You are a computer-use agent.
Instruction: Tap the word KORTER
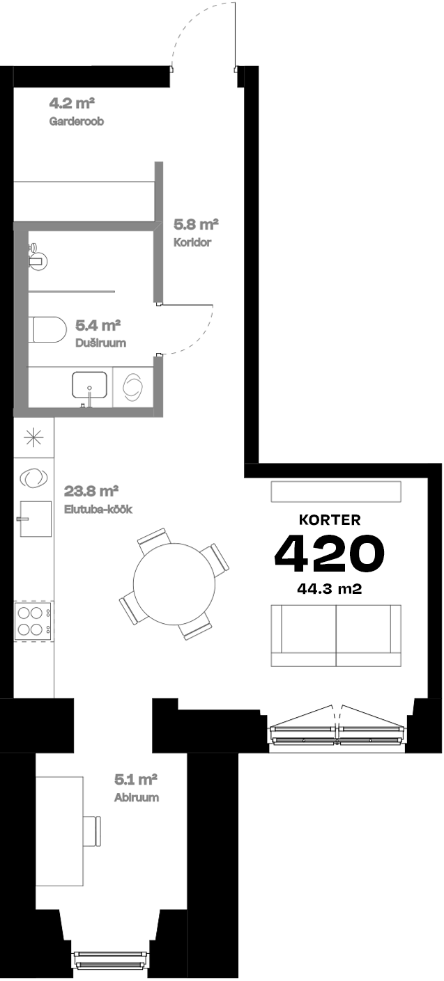[329, 519]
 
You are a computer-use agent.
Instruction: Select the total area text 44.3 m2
[329, 588]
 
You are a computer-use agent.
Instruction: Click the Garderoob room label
[77, 121]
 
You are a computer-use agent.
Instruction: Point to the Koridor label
[192, 243]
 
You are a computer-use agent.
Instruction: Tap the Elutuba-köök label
[98, 509]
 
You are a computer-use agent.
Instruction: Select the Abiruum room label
[137, 797]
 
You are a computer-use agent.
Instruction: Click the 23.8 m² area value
[91, 490]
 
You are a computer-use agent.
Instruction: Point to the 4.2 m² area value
[72, 104]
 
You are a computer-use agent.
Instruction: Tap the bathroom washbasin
[89, 384]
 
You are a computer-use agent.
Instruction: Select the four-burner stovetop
[33, 621]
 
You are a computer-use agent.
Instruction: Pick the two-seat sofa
[336, 635]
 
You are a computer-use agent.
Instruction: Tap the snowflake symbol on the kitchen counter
[33, 437]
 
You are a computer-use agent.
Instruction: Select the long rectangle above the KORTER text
[336, 491]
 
